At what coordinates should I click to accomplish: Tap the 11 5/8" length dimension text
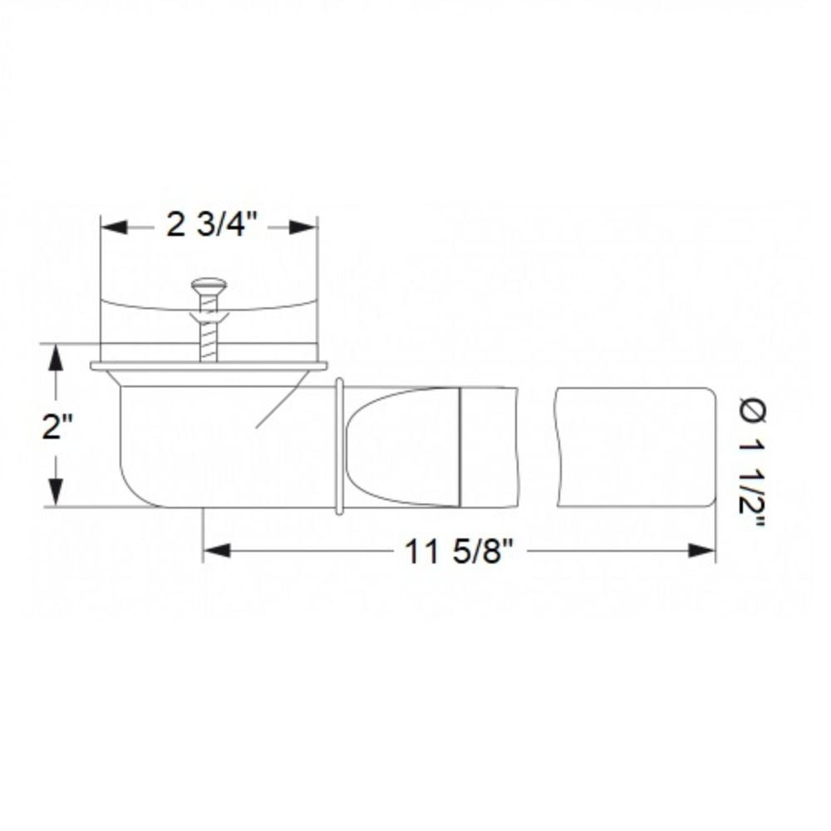tap(455, 552)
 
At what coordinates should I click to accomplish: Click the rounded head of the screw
tap(208, 287)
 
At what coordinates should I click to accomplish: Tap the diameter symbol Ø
tap(751, 409)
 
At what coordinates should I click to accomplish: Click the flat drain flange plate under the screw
tap(208, 365)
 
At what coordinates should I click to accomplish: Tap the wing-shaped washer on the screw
tap(208, 317)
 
